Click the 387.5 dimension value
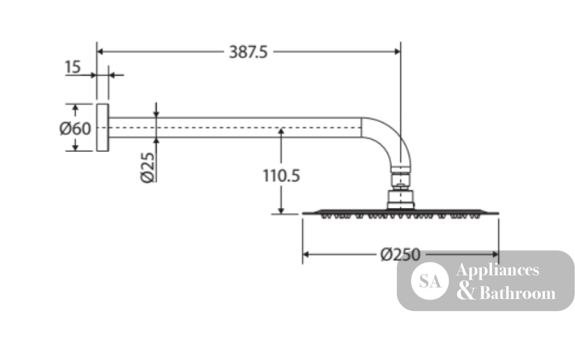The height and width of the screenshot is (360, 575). [248, 52]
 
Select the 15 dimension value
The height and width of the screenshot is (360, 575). [72, 67]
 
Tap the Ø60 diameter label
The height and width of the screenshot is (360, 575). [75, 129]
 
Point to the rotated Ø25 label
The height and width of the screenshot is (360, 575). [147, 167]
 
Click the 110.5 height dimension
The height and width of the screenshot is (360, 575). [281, 175]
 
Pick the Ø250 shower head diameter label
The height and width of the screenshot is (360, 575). [400, 254]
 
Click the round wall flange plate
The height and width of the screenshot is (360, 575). [103, 128]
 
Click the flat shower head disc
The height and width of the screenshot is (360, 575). [400, 214]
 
